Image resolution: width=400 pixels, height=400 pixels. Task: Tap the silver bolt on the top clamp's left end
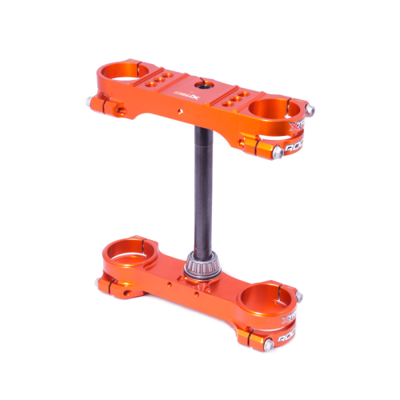(89, 102)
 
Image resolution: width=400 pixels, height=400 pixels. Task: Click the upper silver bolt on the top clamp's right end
(311, 109)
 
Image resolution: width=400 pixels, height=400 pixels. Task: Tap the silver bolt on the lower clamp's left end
(100, 283)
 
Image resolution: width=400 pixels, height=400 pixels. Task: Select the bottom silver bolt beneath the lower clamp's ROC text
(268, 344)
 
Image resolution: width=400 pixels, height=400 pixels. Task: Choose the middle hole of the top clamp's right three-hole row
(233, 100)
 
